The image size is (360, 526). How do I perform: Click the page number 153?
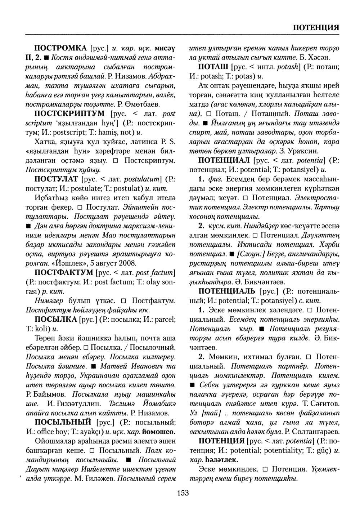coord(183,493)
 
